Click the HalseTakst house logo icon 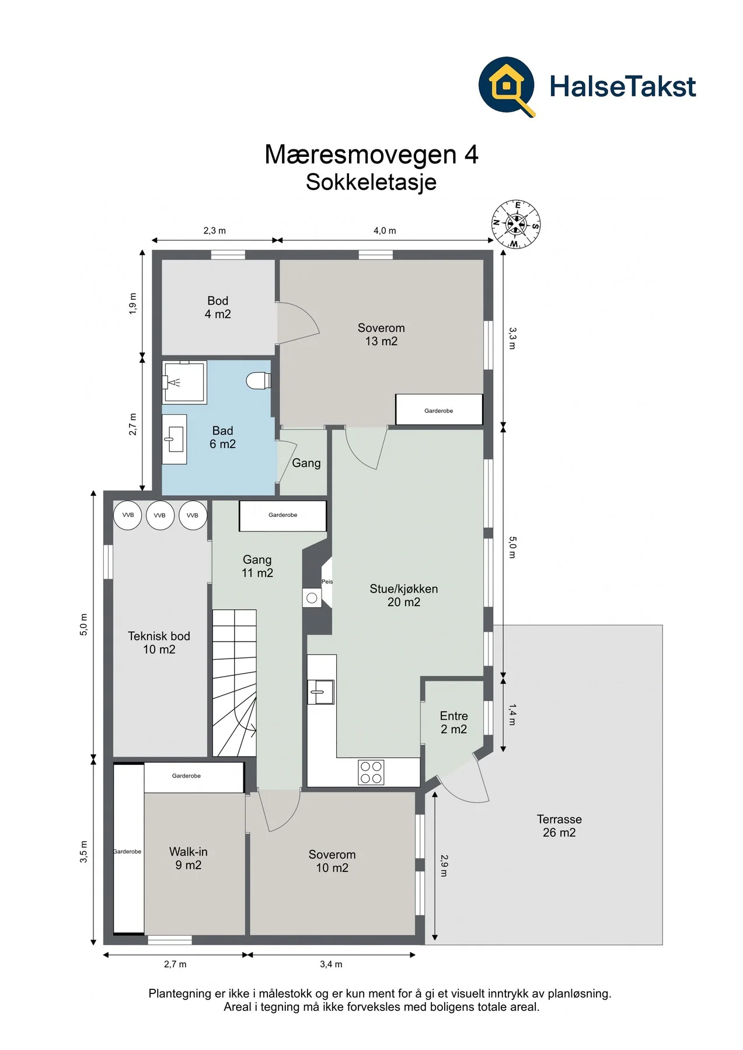point(507,86)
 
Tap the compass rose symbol point(516,225)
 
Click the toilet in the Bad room point(259,381)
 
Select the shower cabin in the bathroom point(184,382)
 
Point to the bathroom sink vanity point(174,439)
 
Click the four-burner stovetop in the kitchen point(371,772)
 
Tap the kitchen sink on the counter point(321,692)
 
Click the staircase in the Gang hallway point(234,683)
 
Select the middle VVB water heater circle point(160,515)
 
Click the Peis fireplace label point(327,582)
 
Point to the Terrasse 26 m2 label point(559,825)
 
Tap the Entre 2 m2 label point(454,722)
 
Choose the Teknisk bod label point(159,636)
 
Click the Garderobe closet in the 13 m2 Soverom point(439,409)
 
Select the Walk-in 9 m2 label point(188,858)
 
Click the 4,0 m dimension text point(385,230)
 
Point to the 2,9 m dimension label point(444,866)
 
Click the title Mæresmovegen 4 point(371,155)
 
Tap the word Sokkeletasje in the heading point(371,182)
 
